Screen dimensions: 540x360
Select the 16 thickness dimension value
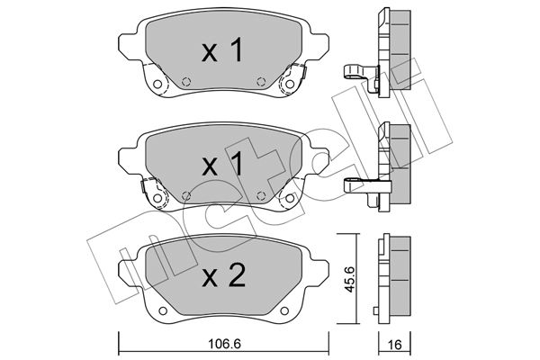(x=395, y=345)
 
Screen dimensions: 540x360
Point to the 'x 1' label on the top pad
(x=223, y=50)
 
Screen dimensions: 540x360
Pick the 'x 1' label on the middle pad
(x=223, y=164)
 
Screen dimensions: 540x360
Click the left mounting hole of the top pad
(x=157, y=84)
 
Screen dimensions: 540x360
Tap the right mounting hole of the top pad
(x=290, y=84)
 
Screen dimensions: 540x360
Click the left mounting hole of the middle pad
(x=157, y=198)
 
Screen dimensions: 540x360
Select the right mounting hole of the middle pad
(x=290, y=198)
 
